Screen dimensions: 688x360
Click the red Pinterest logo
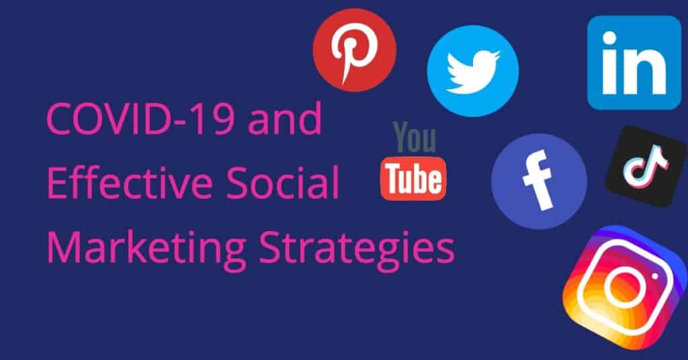[355, 50]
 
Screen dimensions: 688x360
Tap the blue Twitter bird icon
[473, 71]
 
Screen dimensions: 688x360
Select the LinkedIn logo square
[634, 62]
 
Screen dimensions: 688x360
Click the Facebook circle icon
[539, 181]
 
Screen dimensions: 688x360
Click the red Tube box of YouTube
[413, 179]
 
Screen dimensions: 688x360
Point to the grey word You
[415, 137]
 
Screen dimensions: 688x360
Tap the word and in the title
[285, 119]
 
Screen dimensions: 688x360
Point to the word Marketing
[146, 248]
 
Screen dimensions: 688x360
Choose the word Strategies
[357, 248]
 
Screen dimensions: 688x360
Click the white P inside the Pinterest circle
[355, 51]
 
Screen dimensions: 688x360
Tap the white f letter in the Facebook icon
[538, 180]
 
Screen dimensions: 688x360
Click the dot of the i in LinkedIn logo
[610, 38]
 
